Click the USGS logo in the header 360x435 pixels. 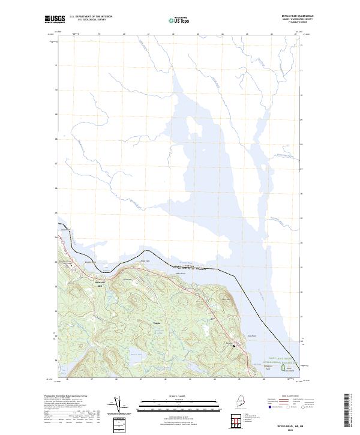(x=55, y=19)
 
